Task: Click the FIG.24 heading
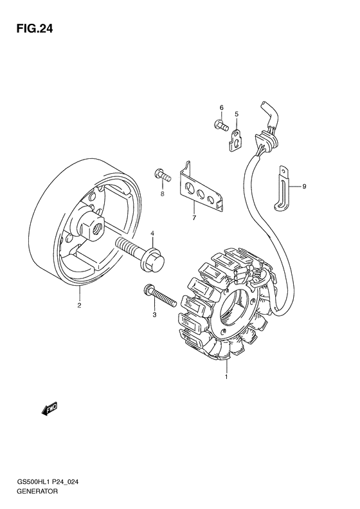pyautogui.click(x=34, y=29)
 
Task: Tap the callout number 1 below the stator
pyautogui.click(x=226, y=377)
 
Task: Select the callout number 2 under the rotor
pyautogui.click(x=79, y=305)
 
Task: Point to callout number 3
pyautogui.click(x=155, y=315)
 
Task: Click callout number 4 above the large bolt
pyautogui.click(x=152, y=234)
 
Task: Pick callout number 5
pyautogui.click(x=237, y=114)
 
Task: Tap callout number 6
pyautogui.click(x=222, y=107)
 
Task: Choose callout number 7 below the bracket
pyautogui.click(x=194, y=217)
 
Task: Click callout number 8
pyautogui.click(x=162, y=194)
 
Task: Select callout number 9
pyautogui.click(x=304, y=187)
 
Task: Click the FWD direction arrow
pyautogui.click(x=50, y=409)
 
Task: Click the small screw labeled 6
pyautogui.click(x=222, y=124)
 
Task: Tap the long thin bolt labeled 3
pyautogui.click(x=159, y=295)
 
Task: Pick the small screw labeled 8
pyautogui.click(x=163, y=176)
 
